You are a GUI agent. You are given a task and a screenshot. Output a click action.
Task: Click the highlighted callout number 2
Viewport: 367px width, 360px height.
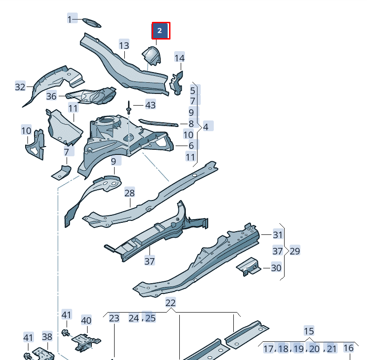pos(160,31)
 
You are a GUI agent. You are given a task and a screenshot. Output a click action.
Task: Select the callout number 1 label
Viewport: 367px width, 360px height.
pos(70,19)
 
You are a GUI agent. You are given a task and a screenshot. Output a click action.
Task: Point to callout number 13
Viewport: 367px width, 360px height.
pos(124,45)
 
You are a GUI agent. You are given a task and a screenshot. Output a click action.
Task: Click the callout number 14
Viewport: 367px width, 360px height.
pos(179,58)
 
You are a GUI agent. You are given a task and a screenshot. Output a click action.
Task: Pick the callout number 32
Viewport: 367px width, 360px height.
pos(20,87)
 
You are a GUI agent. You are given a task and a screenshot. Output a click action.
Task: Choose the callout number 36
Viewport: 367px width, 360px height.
pos(51,96)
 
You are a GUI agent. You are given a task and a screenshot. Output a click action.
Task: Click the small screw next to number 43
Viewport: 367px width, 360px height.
pos(129,110)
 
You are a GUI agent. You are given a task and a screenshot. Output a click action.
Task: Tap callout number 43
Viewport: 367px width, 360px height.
pos(150,105)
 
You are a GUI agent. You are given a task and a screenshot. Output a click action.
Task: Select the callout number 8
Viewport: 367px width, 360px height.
pos(191,124)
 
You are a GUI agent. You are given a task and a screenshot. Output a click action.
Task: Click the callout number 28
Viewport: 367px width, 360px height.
pos(129,193)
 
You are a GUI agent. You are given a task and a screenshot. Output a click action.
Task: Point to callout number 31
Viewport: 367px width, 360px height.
pos(278,235)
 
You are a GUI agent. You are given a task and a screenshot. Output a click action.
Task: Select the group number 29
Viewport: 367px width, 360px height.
pos(295,251)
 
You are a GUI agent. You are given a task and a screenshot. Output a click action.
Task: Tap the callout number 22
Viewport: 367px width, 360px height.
pos(171,303)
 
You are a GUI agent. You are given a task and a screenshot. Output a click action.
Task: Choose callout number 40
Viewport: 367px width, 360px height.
pos(86,320)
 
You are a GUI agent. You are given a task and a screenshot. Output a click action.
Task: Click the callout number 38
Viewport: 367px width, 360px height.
pos(48,336)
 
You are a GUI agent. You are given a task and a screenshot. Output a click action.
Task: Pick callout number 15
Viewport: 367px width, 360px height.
pos(309,331)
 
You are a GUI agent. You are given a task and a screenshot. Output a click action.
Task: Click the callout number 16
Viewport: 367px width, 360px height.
pos(348,348)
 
